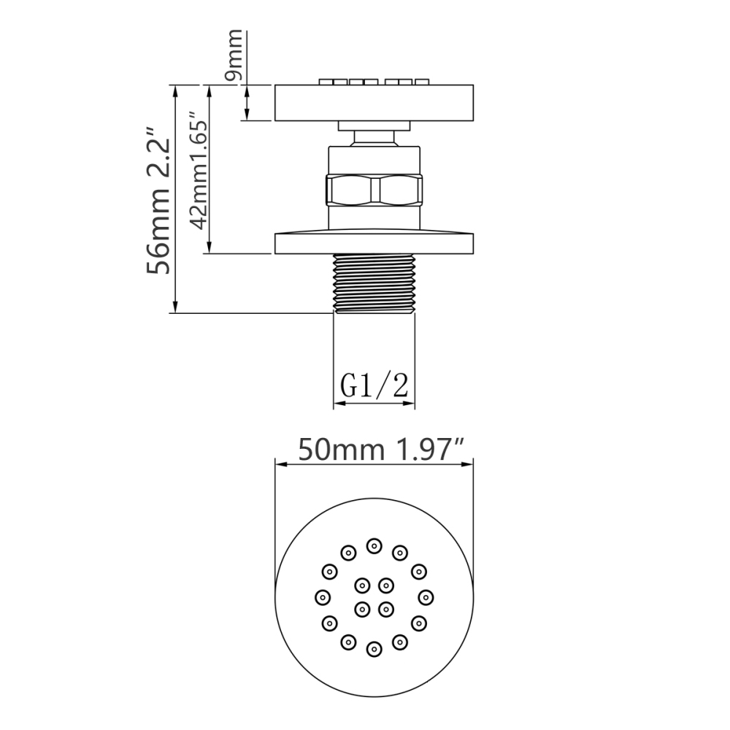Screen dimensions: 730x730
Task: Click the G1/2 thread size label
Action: pos(374,385)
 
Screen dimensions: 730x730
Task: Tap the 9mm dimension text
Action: pos(234,55)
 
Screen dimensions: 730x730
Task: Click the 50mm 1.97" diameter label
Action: pos(380,449)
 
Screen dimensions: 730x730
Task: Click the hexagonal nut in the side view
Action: pos(374,190)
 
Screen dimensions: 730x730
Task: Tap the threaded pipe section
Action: pos(374,283)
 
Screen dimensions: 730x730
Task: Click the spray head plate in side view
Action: pos(374,103)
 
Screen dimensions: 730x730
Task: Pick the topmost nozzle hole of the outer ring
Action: pos(374,545)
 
